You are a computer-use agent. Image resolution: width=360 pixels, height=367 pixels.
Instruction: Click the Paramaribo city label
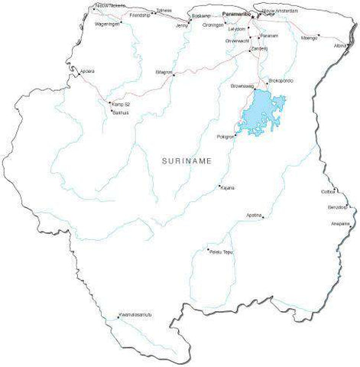(237, 15)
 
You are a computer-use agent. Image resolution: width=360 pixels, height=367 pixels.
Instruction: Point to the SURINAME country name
(186, 161)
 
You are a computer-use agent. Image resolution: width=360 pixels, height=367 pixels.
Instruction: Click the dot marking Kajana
(220, 186)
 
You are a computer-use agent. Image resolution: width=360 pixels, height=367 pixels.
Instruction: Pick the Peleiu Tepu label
(220, 251)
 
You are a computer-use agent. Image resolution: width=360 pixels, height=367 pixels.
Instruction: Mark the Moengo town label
(310, 37)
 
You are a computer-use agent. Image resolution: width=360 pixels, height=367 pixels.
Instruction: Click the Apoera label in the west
(88, 71)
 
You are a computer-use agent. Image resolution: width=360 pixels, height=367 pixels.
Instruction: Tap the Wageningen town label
(107, 24)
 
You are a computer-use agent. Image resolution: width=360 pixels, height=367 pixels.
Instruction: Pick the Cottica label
(329, 191)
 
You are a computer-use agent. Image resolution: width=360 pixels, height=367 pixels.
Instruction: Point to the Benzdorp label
(337, 206)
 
